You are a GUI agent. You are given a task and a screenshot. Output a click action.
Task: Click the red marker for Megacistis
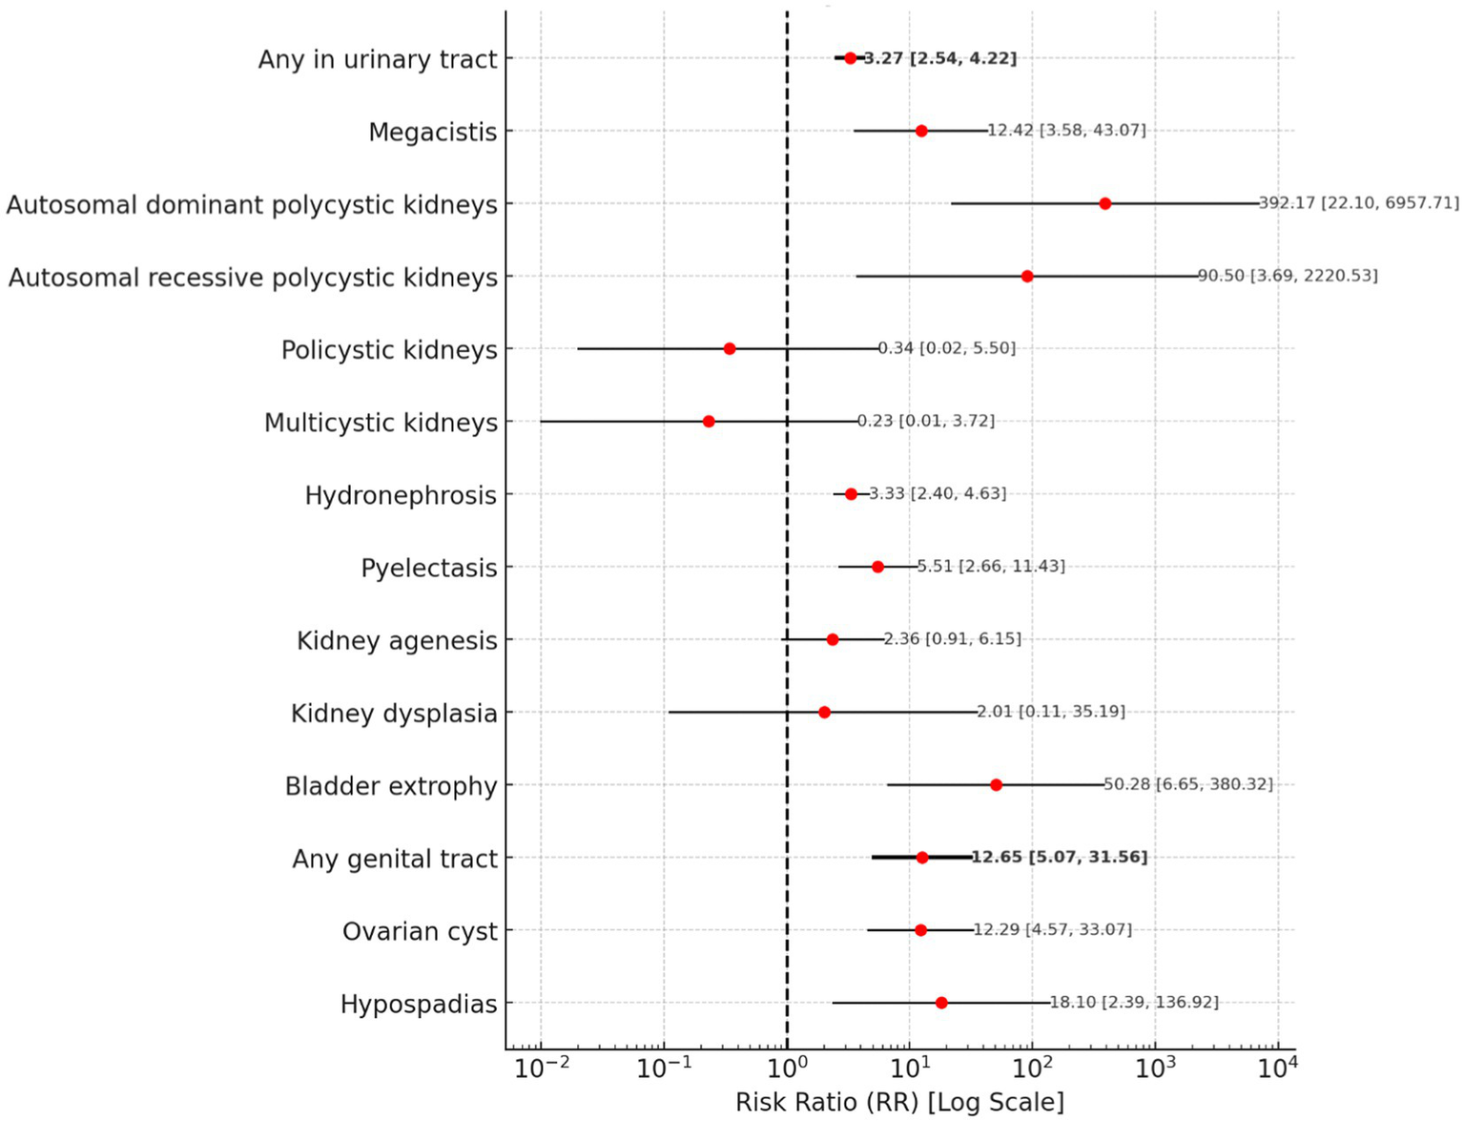[x=921, y=131]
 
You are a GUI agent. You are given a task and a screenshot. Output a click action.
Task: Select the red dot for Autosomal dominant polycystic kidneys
[x=1104, y=203]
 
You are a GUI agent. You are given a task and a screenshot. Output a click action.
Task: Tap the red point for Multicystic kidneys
[x=709, y=422]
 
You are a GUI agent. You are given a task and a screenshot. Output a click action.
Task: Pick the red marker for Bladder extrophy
[x=996, y=785]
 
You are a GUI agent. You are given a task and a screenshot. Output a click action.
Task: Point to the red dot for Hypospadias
[x=941, y=1003]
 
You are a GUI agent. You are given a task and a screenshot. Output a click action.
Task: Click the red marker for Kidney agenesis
[x=833, y=639]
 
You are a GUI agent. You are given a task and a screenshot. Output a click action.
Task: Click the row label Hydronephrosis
[x=401, y=495]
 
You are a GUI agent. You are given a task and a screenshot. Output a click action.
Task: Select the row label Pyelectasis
[x=428, y=569]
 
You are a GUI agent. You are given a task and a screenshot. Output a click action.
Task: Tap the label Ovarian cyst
[x=420, y=931]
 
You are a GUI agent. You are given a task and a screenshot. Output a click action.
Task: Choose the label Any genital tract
[x=395, y=859]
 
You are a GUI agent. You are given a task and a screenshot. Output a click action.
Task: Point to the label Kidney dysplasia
[x=394, y=714]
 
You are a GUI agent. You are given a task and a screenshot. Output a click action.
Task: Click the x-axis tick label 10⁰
[x=787, y=1069]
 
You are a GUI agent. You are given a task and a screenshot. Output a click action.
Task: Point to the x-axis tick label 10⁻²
[x=541, y=1069]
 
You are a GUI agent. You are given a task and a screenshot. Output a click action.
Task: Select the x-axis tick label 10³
[x=1155, y=1069]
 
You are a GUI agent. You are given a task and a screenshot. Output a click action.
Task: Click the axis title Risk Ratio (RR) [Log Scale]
[x=899, y=1103]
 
